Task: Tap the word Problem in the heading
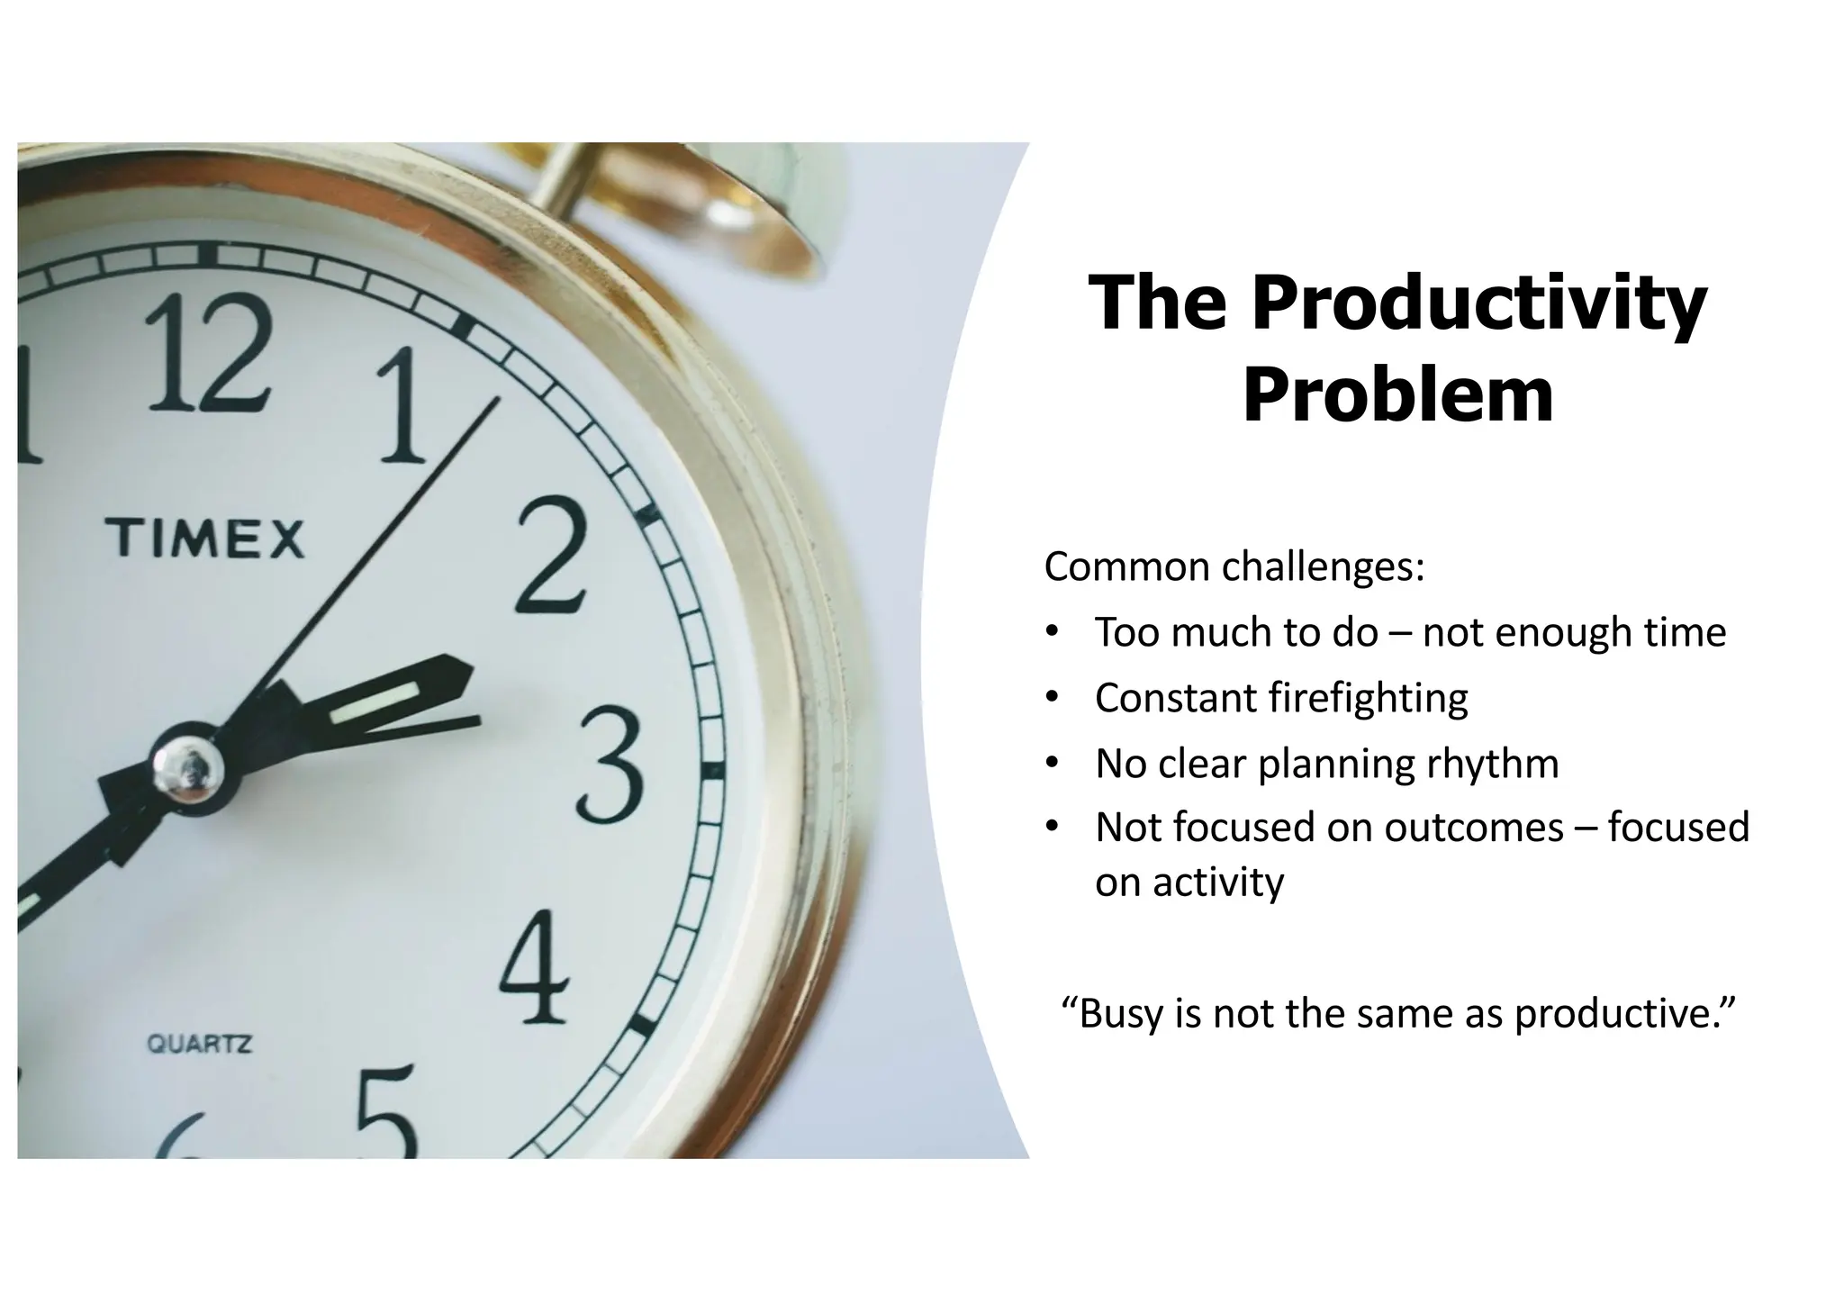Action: [x=1398, y=396]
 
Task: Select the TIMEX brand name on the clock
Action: [x=206, y=538]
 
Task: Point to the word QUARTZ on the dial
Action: [x=199, y=1045]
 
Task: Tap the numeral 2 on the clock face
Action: [x=551, y=556]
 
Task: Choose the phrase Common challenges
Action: [x=1234, y=567]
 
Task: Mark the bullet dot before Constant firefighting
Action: [x=1051, y=697]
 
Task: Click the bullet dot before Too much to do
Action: [x=1051, y=632]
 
